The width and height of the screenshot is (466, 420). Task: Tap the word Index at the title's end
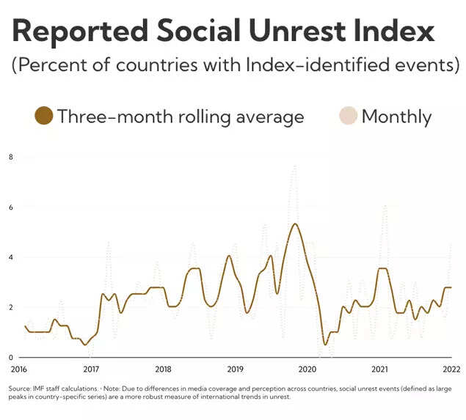pos(396,32)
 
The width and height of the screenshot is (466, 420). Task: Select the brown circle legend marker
pos(43,116)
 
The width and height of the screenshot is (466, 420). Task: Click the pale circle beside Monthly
pos(348,116)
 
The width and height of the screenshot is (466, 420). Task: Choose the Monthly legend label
pos(396,116)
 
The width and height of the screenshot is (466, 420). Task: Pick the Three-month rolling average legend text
pos(181,116)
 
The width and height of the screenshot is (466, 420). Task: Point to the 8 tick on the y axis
pos(10,157)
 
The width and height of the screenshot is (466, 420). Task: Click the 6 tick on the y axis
pos(10,207)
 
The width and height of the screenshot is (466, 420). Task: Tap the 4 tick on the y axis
pos(10,257)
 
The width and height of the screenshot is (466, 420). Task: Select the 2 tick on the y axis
pos(10,307)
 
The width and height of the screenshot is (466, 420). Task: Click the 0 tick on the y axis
pos(10,357)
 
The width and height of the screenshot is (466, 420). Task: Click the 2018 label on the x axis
pos(163,369)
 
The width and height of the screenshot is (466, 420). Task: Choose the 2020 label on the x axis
pos(307,369)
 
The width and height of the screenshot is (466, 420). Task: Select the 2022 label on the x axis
pos(451,369)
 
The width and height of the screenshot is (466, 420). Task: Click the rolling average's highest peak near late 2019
pos(294,224)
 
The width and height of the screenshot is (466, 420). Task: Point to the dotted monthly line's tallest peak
pos(294,166)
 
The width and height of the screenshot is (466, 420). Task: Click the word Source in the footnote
pos(19,388)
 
